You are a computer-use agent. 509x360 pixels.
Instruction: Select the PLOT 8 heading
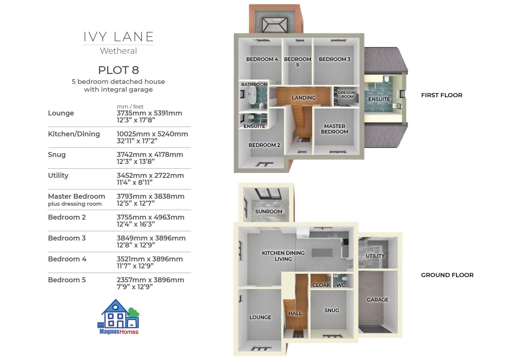coord(118,70)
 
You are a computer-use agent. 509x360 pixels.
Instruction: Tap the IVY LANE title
coord(118,37)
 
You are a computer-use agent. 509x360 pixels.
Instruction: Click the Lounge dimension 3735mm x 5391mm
coord(149,113)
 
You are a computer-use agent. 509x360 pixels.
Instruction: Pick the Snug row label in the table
coord(57,155)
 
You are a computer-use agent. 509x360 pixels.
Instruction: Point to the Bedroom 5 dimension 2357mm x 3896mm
coord(150,280)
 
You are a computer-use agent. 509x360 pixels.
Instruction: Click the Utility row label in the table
coord(58,176)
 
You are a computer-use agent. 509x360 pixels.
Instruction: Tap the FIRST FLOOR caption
coord(442,95)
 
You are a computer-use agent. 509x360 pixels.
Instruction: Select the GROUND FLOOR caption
coord(447,275)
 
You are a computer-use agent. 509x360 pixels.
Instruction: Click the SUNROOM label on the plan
coord(269,211)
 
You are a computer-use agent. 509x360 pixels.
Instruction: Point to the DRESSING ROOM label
coord(348,95)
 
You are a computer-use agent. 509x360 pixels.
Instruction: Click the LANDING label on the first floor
coord(304,98)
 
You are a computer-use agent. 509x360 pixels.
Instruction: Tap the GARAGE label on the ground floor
coord(378,300)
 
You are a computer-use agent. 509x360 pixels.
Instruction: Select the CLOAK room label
coord(321,285)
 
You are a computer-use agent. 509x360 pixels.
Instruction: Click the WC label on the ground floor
coord(341,285)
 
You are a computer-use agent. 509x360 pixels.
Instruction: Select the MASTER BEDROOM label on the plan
coord(335,129)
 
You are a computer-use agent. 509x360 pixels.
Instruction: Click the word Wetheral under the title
coord(118,51)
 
